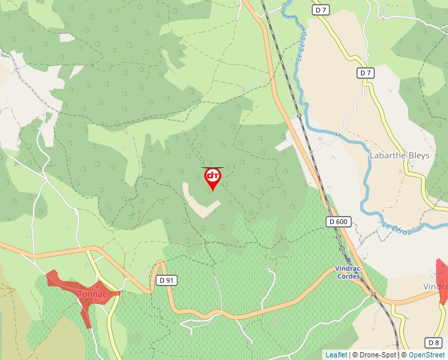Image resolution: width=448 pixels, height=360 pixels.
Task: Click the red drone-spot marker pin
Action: [x=212, y=178]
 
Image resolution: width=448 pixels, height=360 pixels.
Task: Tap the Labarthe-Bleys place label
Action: [x=399, y=156]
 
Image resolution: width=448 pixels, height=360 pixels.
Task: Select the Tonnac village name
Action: [x=92, y=294]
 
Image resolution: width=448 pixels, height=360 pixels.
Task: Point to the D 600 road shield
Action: [x=337, y=222]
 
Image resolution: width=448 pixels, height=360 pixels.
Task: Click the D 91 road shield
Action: [x=167, y=280]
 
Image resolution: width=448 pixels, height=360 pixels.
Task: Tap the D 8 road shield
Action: [x=433, y=342]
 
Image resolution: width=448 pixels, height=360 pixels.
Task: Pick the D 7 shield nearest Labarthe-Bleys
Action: [x=366, y=72]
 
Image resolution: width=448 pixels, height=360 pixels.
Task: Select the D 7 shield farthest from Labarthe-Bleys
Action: [x=320, y=10]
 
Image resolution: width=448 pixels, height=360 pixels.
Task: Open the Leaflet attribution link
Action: [x=336, y=355]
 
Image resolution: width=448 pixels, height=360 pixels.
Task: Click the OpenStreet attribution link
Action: [x=426, y=355]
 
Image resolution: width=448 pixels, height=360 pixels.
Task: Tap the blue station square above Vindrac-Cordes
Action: [x=349, y=261]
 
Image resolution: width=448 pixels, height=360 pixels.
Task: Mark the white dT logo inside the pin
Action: [x=212, y=176]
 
